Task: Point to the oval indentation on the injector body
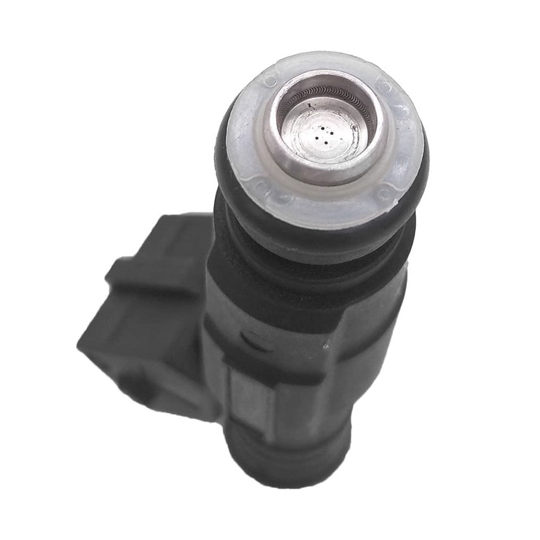[x=253, y=340]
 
